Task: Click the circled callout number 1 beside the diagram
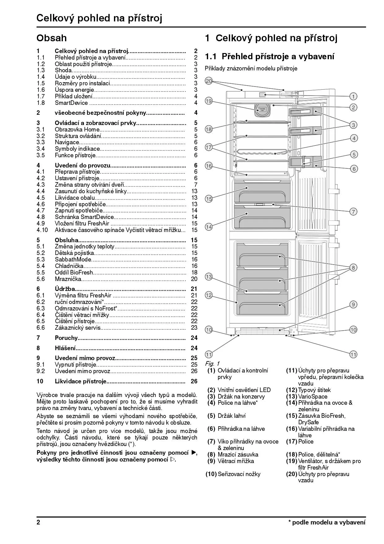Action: tap(354, 96)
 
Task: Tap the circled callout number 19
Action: tap(209, 101)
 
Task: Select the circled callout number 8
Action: tap(353, 267)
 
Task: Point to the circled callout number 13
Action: tap(209, 277)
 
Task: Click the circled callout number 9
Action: tap(353, 305)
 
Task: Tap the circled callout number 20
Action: tap(209, 81)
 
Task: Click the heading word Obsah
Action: tap(51, 38)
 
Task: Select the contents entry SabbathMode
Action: tap(73, 260)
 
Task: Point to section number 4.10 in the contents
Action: tap(42, 230)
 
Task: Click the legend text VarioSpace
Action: tap(312, 397)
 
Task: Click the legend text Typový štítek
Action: tap(314, 390)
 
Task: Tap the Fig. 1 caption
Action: tap(212, 363)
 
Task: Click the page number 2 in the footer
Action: tap(38, 522)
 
